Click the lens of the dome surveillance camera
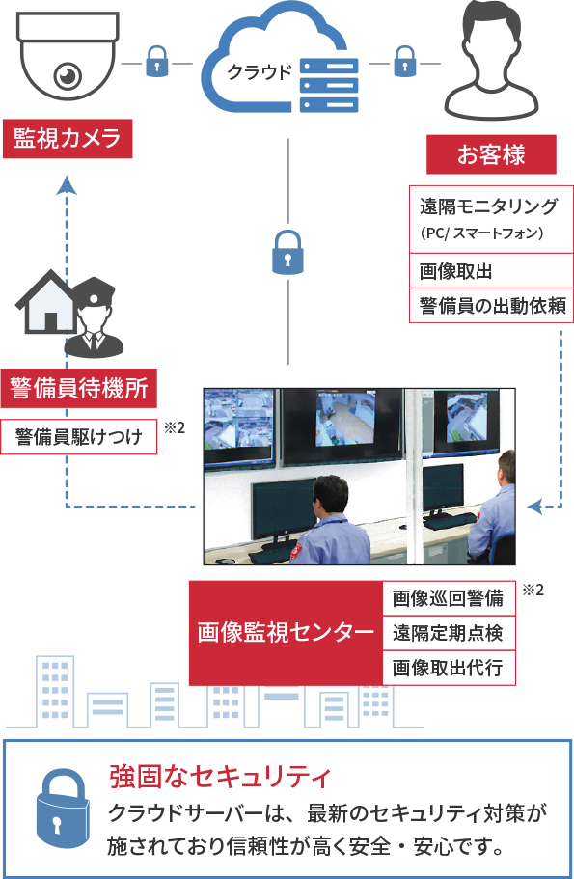pos(68,75)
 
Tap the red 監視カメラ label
pos(68,139)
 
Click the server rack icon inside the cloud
pos(329,85)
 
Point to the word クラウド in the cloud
pos(260,71)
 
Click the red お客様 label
pos(492,154)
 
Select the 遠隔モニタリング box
pos(491,219)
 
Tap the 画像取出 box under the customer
pos(491,271)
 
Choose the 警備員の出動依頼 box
pos(491,306)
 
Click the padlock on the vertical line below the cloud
pos(287,252)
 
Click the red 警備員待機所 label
pos(78,388)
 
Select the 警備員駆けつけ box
pos(78,437)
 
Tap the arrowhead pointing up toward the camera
pos(67,185)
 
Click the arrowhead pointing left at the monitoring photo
pos(535,507)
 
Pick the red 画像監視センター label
pos(286,633)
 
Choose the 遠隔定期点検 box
pos(449,634)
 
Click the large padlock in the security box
pos(63,809)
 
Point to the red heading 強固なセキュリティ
pos(220,777)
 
